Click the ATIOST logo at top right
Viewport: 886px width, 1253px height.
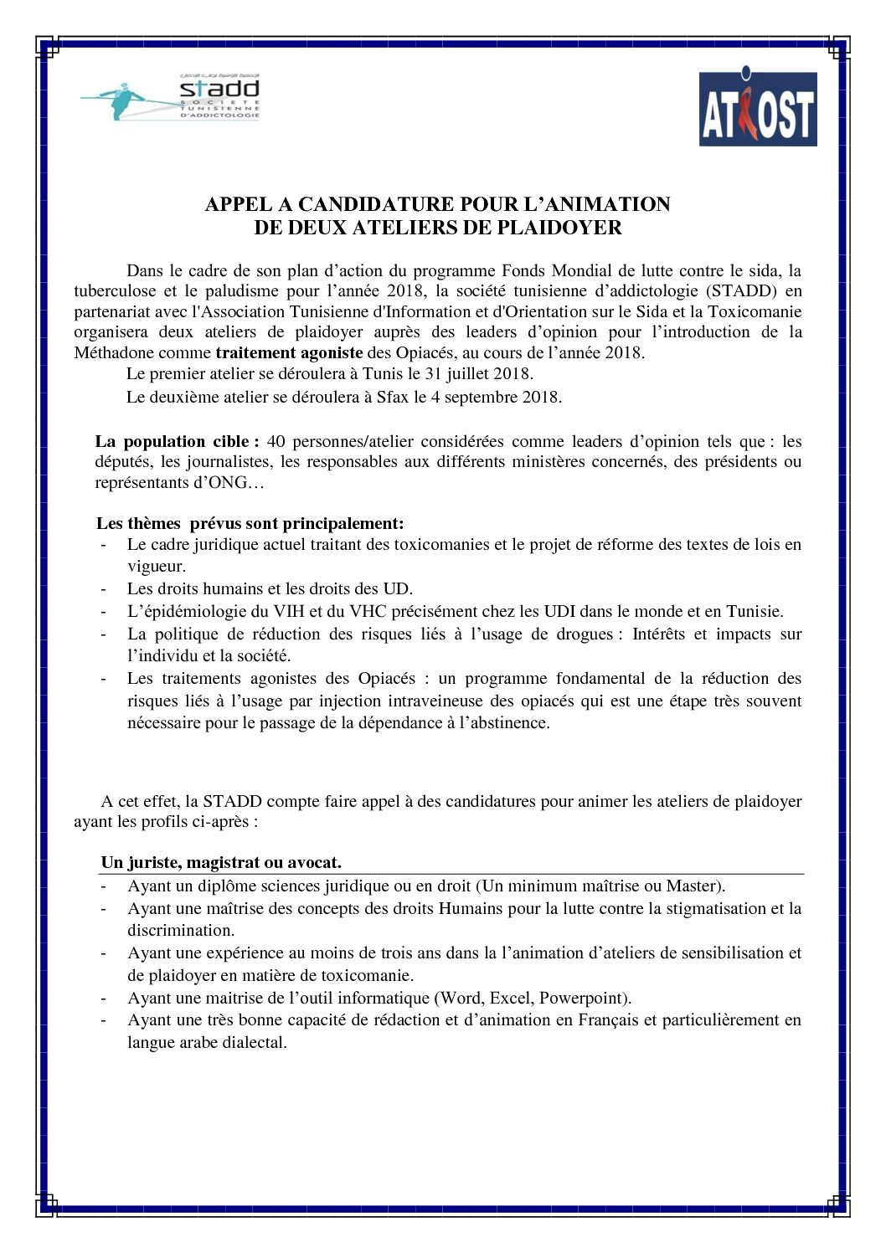(x=757, y=109)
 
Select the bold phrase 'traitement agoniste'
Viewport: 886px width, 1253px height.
(x=289, y=352)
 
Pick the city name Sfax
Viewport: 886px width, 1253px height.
(x=392, y=397)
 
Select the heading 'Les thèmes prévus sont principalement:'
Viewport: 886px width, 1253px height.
(x=250, y=523)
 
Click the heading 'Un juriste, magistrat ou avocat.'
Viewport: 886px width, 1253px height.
(x=221, y=862)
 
